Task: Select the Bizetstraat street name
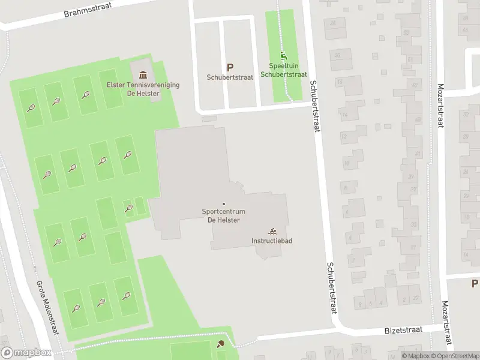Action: coord(403,330)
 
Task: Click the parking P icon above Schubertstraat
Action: coord(229,68)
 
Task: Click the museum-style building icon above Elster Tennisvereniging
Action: coord(143,75)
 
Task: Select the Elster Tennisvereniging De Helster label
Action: coord(143,89)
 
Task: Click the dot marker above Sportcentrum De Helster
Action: coord(224,204)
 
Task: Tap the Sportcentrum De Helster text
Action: coord(224,216)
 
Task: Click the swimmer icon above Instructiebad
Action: coord(272,232)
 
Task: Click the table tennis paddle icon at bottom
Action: coord(221,344)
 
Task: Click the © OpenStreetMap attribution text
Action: coord(455,356)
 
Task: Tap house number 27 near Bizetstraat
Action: coord(415,298)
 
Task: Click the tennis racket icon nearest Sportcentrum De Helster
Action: coord(128,208)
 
